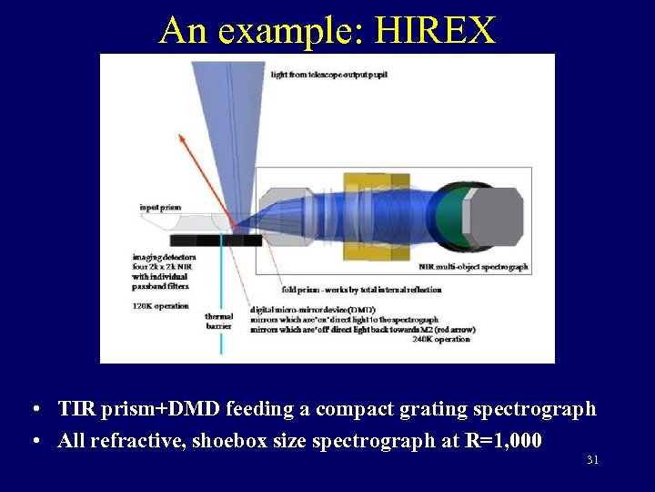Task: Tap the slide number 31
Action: click(592, 460)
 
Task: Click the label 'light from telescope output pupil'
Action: click(337, 74)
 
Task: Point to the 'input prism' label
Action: click(160, 208)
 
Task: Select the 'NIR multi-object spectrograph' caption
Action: click(473, 267)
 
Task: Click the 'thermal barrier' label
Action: click(218, 321)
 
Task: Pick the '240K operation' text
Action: click(441, 339)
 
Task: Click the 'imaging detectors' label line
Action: click(164, 257)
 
